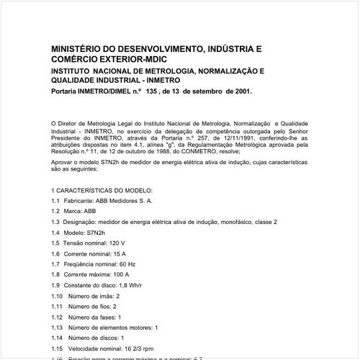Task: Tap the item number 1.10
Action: pyautogui.click(x=57, y=297)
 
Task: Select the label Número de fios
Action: pyautogui.click(x=93, y=307)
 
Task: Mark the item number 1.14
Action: pyautogui.click(x=57, y=338)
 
